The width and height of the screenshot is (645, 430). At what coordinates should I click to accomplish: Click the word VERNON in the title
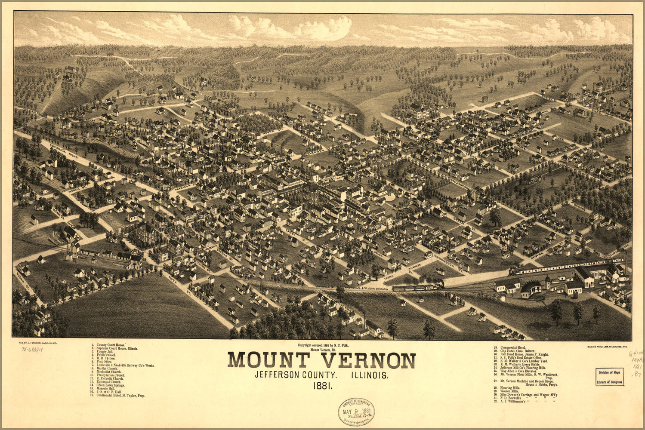(x=361, y=360)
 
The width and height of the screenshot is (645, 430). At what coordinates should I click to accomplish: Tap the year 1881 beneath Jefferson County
(x=322, y=386)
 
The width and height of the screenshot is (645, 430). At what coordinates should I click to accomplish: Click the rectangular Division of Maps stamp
(x=610, y=377)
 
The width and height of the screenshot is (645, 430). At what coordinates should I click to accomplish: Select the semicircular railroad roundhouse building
(x=531, y=289)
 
